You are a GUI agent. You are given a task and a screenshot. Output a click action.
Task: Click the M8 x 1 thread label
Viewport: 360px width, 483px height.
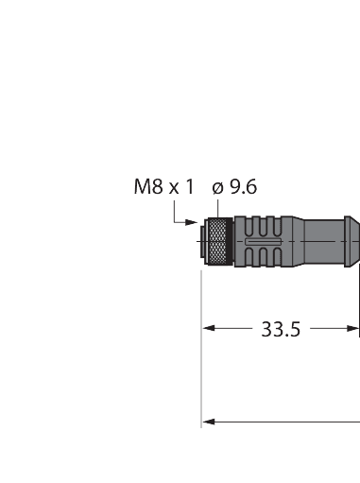pos(163,187)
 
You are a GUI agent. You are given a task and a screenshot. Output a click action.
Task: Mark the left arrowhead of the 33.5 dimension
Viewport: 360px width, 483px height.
pos(210,329)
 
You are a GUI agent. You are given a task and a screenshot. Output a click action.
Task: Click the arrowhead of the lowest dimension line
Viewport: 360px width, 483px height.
pos(210,422)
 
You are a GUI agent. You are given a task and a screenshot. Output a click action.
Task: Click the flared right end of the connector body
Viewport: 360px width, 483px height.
pos(351,244)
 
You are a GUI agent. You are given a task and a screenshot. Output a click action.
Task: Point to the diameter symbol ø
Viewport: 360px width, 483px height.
pos(216,187)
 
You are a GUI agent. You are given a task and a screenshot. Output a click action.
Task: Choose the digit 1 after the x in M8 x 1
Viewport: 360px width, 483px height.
pos(189,187)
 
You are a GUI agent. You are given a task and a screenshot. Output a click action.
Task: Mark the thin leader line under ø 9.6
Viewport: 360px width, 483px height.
pos(216,208)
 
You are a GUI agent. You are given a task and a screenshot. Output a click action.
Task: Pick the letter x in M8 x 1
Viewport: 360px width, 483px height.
pos(175,188)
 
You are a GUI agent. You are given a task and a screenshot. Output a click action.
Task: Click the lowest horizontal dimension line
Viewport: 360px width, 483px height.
pos(283,422)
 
